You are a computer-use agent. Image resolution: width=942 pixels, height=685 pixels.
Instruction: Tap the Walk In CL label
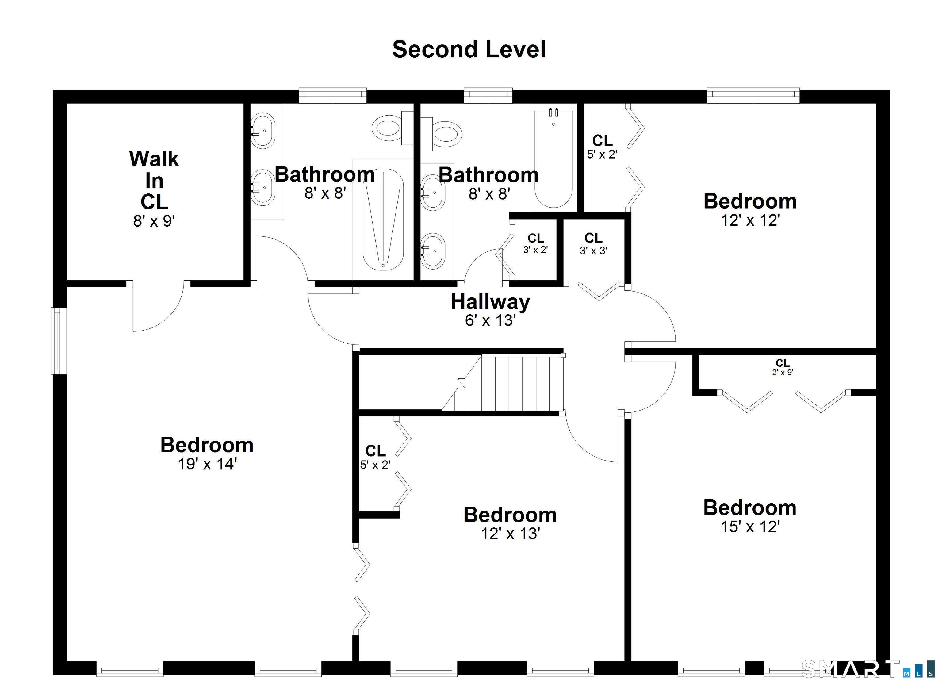click(154, 180)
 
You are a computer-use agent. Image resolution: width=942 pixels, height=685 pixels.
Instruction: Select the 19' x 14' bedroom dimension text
click(207, 464)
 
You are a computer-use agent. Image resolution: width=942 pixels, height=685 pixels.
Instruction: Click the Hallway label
click(491, 302)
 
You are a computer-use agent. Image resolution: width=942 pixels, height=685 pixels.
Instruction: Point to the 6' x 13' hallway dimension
click(491, 320)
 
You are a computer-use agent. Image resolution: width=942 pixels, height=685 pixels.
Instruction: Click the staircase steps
click(502, 383)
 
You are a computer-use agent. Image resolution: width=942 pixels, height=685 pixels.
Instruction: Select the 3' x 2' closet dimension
click(536, 250)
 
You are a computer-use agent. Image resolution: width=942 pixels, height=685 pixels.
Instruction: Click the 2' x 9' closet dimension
click(783, 373)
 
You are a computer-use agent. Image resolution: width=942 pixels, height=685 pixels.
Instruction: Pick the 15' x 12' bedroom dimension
click(750, 527)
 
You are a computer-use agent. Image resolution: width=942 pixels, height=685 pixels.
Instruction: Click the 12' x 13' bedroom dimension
click(511, 534)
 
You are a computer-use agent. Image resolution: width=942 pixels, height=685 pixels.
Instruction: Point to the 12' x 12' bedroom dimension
click(750, 220)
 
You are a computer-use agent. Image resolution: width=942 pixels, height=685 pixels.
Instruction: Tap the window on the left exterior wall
click(59, 341)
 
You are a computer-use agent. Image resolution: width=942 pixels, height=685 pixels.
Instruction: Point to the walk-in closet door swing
click(158, 306)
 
